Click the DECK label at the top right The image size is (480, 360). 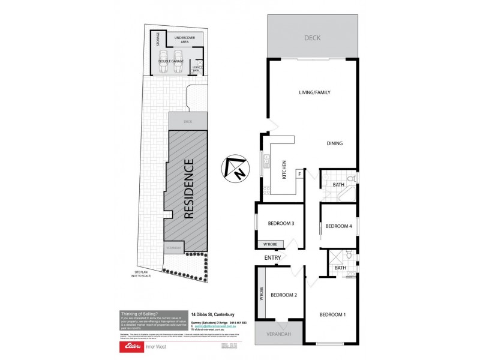tap(313, 38)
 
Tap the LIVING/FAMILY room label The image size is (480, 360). tap(315, 92)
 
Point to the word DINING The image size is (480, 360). tap(335, 143)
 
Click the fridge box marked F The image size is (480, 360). tap(299, 174)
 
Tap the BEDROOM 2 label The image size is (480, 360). tap(284, 295)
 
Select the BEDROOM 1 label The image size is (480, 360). tap(332, 314)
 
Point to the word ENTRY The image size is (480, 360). tap(272, 258)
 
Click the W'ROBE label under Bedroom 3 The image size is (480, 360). tap(267, 244)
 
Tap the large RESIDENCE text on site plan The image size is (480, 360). tap(188, 188)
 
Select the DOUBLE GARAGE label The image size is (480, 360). tap(170, 61)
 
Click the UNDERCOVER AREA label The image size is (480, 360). tap(177, 40)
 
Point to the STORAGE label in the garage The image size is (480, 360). tap(158, 40)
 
